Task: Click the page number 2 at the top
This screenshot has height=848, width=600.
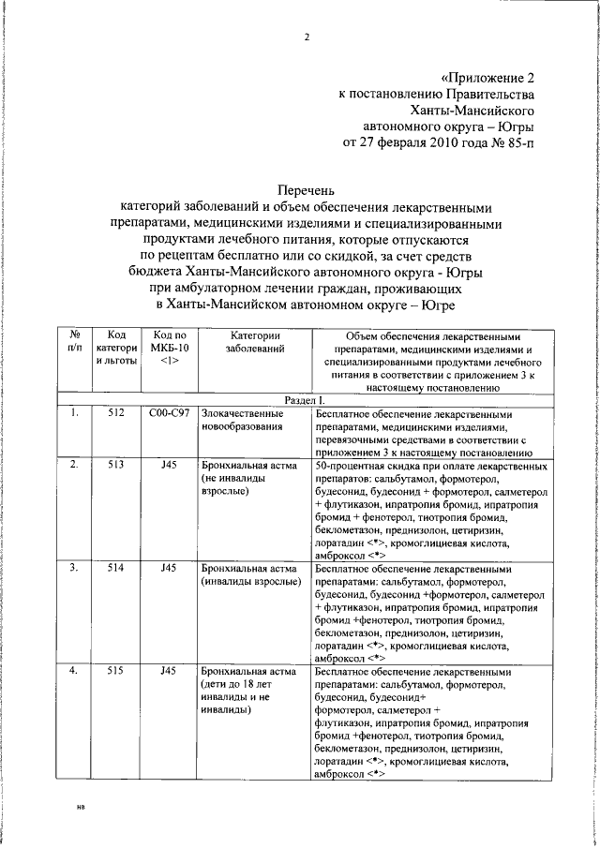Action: [x=306, y=38]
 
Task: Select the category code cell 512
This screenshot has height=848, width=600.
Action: [x=117, y=412]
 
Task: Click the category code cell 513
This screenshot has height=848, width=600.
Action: [x=117, y=465]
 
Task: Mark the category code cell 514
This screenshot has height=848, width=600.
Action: [x=117, y=568]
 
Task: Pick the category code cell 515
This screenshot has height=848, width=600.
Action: [x=117, y=672]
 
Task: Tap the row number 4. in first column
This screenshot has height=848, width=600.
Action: [x=73, y=672]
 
